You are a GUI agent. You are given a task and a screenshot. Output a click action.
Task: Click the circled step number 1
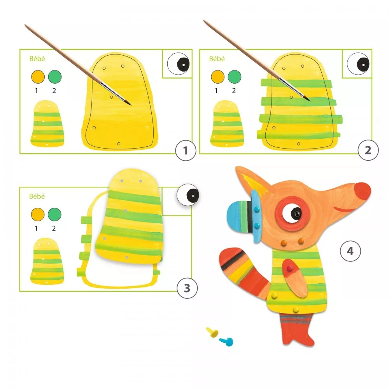pos(186,150)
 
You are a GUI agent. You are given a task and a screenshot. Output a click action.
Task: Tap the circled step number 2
pos(368,150)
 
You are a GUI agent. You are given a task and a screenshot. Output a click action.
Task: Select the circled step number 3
pos(187,288)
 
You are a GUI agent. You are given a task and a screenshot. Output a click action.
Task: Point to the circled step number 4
pos(350,251)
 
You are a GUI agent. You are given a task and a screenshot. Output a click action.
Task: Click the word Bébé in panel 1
pos(37,59)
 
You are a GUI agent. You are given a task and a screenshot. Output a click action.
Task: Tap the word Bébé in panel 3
pos(37,196)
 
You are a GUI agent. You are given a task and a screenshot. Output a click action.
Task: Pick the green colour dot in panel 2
pos(235,77)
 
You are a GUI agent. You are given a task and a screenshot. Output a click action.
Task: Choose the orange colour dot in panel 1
pos(38,77)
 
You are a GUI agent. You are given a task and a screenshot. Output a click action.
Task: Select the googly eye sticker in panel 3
pos(188,195)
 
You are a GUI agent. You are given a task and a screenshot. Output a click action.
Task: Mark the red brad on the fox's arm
pos(289,268)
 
